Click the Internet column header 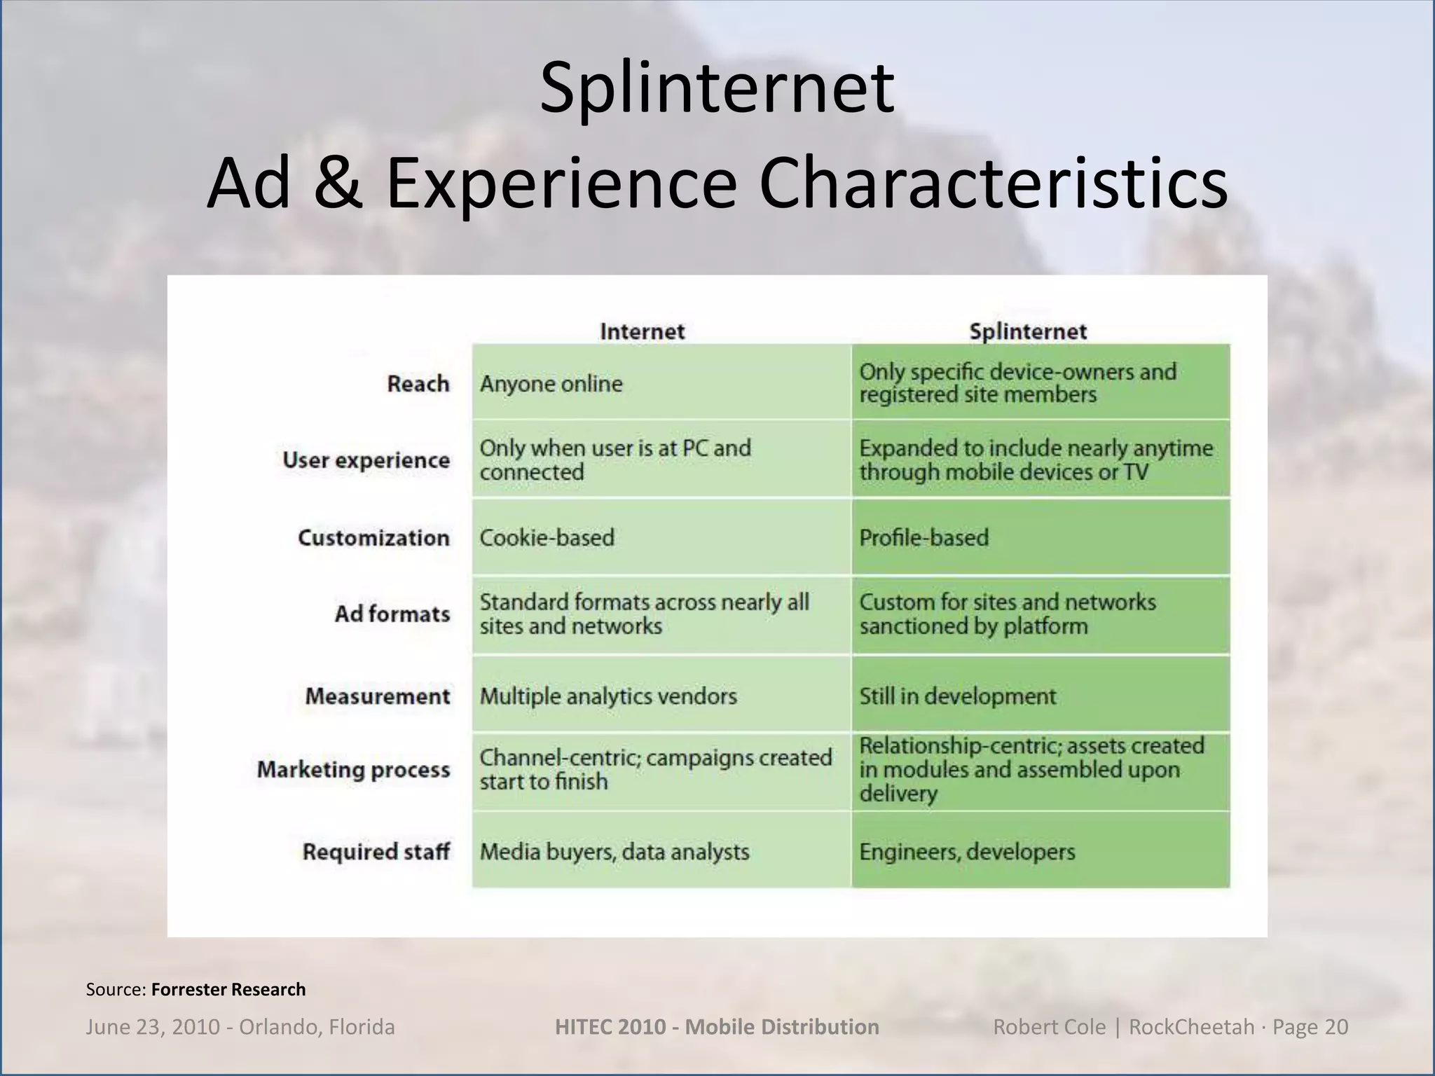[642, 331]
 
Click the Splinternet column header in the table [1027, 331]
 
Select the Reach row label [418, 384]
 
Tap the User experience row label [366, 460]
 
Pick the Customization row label [373, 538]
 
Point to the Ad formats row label [392, 614]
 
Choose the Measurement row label [377, 696]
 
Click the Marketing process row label [353, 770]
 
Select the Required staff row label [376, 852]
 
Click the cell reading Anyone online [551, 384]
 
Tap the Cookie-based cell [547, 538]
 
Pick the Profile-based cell [924, 538]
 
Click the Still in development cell [957, 696]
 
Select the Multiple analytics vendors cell [608, 696]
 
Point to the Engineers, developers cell [967, 852]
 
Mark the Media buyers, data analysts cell [614, 852]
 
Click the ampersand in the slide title [338, 184]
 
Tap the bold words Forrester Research [228, 989]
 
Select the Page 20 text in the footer [1310, 1027]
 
